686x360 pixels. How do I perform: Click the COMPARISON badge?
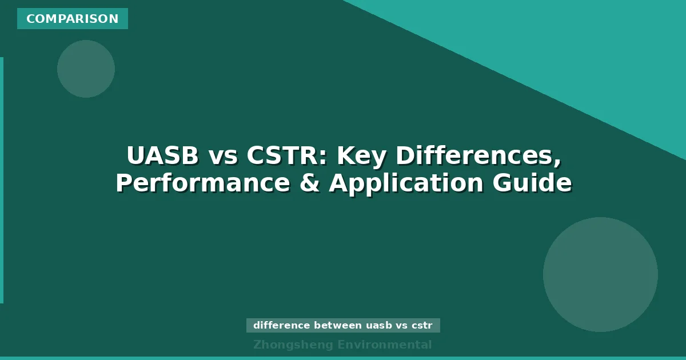click(73, 19)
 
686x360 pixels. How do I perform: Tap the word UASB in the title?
click(162, 156)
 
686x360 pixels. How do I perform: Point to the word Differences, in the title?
click(478, 156)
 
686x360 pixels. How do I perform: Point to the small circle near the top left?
click(86, 69)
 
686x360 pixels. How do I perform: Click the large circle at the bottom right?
click(600, 274)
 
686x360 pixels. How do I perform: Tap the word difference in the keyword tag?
click(281, 326)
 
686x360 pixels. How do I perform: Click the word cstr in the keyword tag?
click(422, 326)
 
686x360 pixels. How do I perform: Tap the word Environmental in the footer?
click(385, 345)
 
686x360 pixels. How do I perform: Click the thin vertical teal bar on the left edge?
click(2, 180)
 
